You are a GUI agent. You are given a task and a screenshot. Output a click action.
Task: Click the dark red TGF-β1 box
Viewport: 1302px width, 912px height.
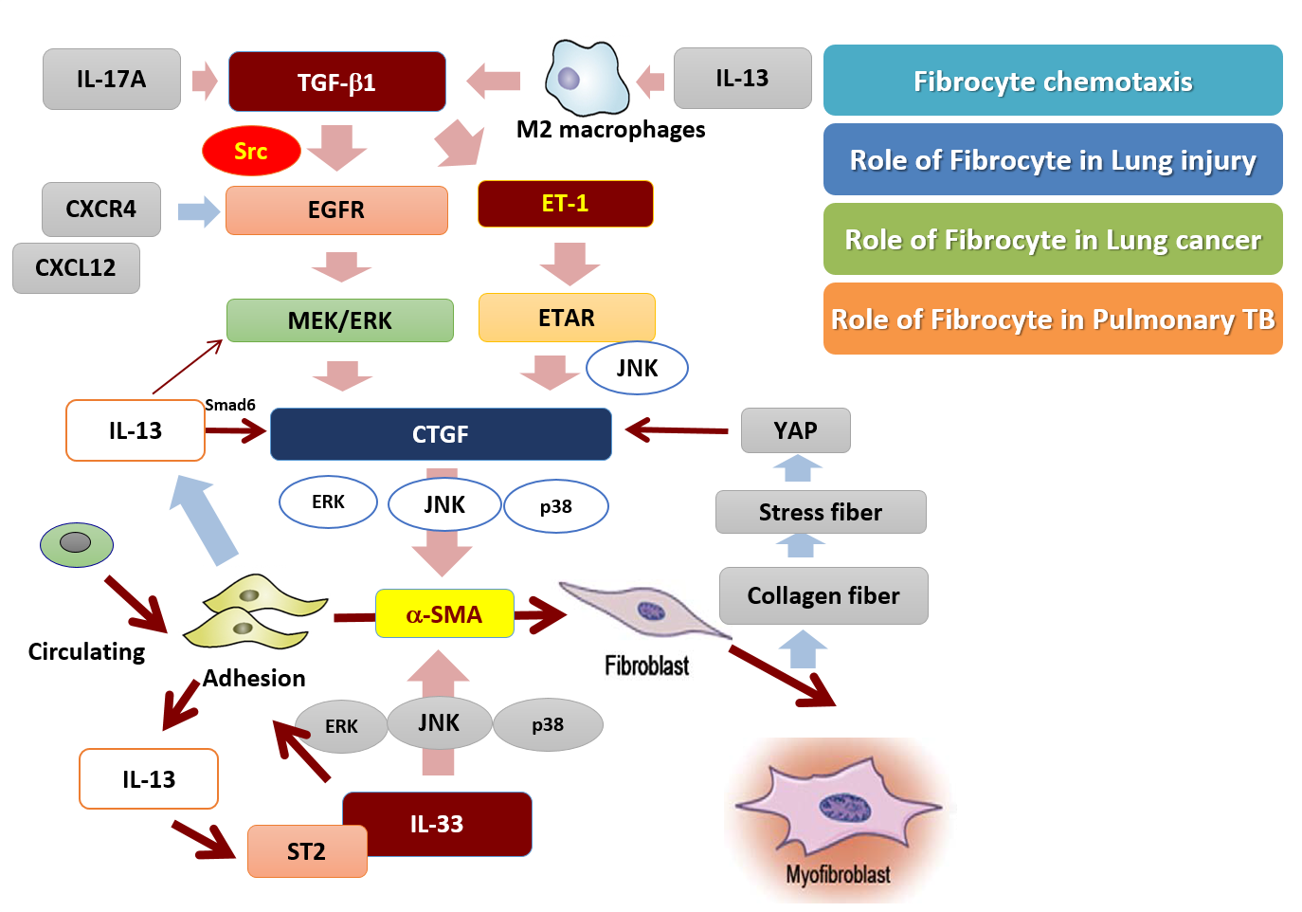coord(336,82)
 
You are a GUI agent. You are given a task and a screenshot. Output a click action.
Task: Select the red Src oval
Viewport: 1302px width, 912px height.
coord(251,151)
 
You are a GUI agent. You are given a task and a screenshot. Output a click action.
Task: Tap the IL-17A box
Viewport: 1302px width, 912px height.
coord(111,80)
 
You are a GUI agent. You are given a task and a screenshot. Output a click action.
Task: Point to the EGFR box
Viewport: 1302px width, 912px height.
coord(336,210)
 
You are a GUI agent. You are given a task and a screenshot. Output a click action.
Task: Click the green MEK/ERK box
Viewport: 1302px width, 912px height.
coord(339,320)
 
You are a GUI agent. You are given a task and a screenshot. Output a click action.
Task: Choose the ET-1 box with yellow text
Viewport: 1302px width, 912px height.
coord(565,204)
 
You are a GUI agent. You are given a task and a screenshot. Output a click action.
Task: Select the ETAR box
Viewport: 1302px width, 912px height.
coord(567,318)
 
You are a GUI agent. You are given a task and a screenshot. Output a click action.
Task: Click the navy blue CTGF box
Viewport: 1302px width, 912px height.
coord(441,434)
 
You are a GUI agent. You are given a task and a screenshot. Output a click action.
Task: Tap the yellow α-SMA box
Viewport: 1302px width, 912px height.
coord(444,614)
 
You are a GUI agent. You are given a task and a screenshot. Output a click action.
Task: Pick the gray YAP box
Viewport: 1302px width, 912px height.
coord(795,430)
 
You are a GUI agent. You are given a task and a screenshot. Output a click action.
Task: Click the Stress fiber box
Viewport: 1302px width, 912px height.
coord(820,512)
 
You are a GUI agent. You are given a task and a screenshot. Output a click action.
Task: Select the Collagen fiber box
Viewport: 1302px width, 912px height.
coord(823,595)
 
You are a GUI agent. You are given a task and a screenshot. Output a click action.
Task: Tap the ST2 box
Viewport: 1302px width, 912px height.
coord(306,851)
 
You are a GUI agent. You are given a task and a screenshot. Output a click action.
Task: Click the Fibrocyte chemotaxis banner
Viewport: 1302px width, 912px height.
coord(1052,81)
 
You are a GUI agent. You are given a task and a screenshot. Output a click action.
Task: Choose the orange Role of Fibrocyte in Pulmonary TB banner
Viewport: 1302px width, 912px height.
coord(1052,319)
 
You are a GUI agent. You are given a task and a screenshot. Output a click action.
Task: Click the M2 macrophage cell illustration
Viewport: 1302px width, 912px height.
coord(585,78)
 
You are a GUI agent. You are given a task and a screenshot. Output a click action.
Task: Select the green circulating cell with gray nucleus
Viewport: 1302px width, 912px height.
coord(76,544)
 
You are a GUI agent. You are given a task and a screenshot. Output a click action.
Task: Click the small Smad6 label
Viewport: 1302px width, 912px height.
coord(230,405)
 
